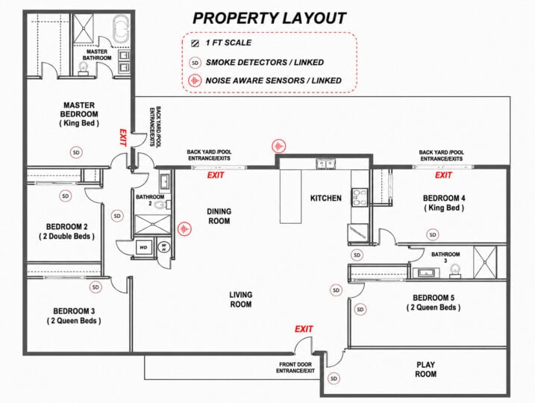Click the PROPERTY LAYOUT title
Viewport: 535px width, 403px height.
pos(269,19)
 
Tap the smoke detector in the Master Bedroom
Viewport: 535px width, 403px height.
pos(76,152)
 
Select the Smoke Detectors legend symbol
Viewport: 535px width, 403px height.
pos(195,63)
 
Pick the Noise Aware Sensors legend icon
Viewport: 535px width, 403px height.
pos(195,81)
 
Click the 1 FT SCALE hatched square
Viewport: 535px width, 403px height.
pos(195,43)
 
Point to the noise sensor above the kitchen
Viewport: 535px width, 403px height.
pos(279,146)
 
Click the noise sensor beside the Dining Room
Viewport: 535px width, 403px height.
pos(184,228)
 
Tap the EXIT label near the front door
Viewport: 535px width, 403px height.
pos(304,329)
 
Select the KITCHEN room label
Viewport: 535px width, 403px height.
pos(326,199)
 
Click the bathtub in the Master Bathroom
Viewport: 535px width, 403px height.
pos(121,29)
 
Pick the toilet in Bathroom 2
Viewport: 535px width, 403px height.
pos(160,205)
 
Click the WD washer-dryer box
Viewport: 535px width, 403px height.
pos(144,247)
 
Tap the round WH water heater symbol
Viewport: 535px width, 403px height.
pos(164,247)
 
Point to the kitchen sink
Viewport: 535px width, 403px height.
pos(325,164)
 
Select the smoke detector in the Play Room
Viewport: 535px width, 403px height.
pos(334,378)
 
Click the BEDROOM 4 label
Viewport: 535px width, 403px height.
pos(444,199)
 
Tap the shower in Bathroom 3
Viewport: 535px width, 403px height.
pos(485,262)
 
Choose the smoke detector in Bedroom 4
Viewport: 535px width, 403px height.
pos(433,235)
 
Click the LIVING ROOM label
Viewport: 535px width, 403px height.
pos(241,299)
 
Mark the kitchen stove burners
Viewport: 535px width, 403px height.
pos(360,198)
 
